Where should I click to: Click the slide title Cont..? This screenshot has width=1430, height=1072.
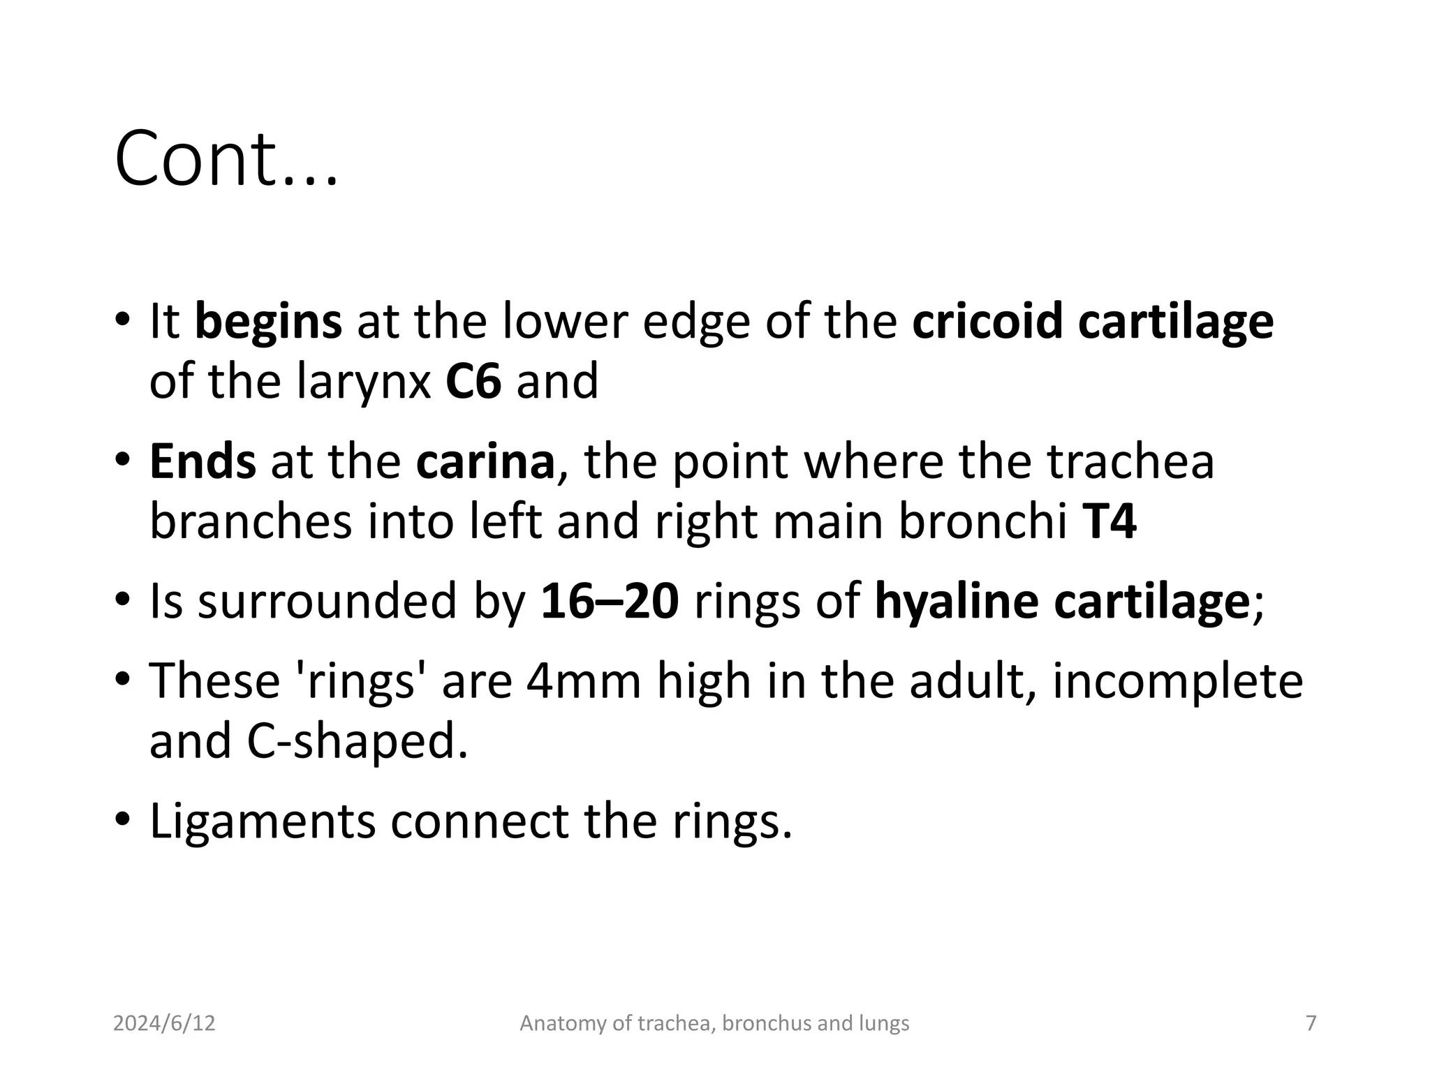coord(225,159)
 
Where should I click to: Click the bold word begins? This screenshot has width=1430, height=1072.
coord(268,322)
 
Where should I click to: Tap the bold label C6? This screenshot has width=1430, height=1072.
coord(473,381)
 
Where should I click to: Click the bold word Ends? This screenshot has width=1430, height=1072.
coord(202,462)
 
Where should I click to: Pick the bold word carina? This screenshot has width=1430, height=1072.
coord(485,462)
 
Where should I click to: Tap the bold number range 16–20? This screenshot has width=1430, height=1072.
coord(609,602)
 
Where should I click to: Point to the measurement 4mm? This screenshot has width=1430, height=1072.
coord(584,681)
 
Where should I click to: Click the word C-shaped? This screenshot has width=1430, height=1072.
coord(357,741)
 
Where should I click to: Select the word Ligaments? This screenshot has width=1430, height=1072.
coord(263,822)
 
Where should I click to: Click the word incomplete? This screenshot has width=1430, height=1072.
coord(1177,681)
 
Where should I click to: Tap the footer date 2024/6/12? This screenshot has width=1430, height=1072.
coord(164,1023)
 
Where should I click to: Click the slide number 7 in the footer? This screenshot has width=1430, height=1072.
coord(1311,1023)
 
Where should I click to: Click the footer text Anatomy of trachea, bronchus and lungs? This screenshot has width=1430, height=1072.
coord(714,1023)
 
